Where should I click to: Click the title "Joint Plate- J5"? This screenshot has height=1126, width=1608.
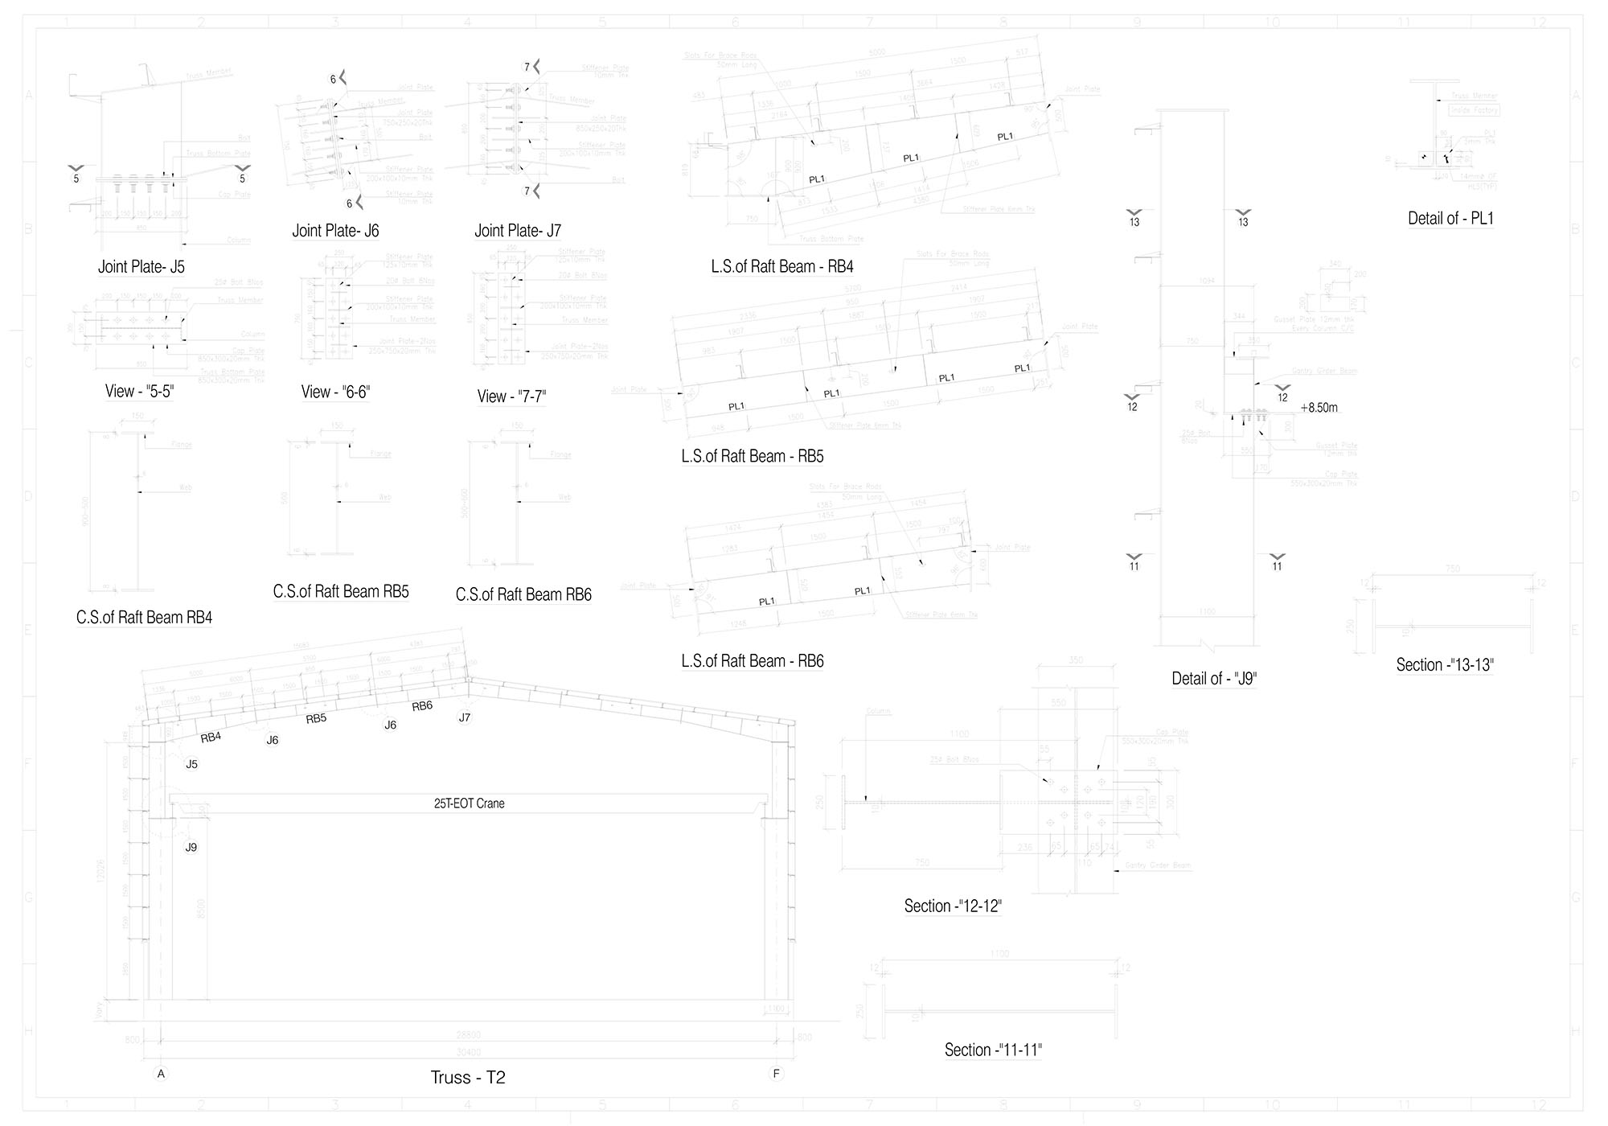point(142,267)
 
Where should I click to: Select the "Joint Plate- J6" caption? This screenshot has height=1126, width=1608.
point(335,231)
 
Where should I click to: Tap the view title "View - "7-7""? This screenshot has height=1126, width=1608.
point(511,397)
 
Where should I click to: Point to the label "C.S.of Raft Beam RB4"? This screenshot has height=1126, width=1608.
point(144,618)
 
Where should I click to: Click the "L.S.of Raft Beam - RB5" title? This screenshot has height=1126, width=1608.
point(753,457)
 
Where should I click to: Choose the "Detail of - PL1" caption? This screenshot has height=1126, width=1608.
point(1450,219)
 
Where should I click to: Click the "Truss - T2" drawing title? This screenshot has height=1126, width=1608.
point(468,1078)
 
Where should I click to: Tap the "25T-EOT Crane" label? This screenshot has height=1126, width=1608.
point(469,803)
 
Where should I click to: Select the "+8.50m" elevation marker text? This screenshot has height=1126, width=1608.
point(1319,408)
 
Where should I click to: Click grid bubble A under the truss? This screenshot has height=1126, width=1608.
point(161,1074)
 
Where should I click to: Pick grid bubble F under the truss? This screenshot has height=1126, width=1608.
point(776,1074)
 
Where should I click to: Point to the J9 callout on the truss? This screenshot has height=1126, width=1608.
point(191,847)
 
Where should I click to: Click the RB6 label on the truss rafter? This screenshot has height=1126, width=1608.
point(422,706)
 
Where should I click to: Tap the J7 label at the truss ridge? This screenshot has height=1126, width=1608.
point(464,717)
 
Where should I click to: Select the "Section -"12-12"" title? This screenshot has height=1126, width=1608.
point(953,906)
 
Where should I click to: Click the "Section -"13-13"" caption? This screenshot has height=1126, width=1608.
point(1444,665)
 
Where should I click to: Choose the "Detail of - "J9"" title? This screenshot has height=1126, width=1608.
point(1214,679)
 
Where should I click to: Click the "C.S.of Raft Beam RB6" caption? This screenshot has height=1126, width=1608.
point(523,595)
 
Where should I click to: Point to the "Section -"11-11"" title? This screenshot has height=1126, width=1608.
point(993,1050)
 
